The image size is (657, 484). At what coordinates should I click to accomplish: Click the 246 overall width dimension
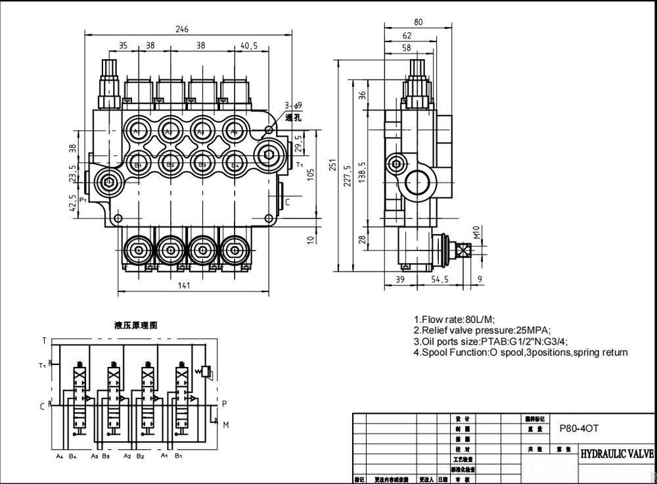[x=182, y=29]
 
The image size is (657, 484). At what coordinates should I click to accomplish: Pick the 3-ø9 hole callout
[x=293, y=105]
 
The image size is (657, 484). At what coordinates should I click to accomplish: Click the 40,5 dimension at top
[x=248, y=46]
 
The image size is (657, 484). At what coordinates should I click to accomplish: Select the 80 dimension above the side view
[x=418, y=22]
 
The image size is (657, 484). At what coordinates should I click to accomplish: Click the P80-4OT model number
[x=579, y=427]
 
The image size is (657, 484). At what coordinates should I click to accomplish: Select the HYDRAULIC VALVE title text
[x=616, y=454]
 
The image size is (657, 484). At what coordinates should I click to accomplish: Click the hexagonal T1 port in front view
[x=267, y=155]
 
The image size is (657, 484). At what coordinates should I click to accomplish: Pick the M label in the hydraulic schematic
[x=225, y=425]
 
